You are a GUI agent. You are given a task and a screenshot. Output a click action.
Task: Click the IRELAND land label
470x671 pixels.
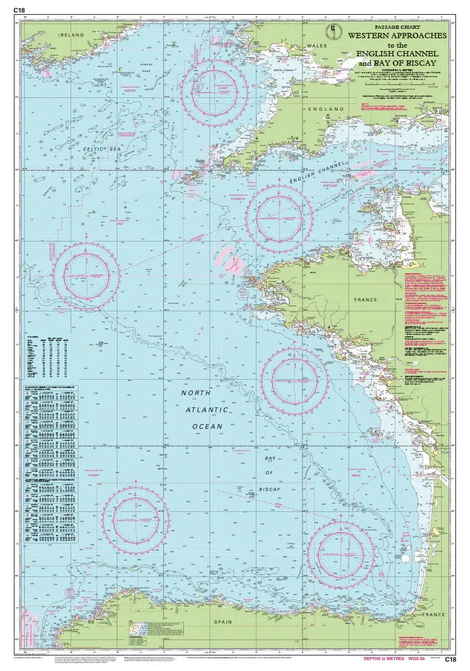(x=70, y=34)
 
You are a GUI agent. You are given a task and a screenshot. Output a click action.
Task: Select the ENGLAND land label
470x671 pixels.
(x=327, y=109)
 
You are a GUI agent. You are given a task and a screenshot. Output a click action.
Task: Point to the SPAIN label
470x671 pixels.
(x=222, y=622)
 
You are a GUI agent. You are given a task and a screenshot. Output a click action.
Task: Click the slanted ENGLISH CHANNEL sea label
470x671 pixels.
(x=318, y=173)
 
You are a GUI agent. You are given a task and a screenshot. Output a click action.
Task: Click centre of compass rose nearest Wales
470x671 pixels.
(x=214, y=93)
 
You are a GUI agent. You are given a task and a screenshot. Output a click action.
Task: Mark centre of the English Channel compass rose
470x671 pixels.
(x=279, y=217)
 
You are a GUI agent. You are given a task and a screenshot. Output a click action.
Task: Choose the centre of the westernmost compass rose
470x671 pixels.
(x=87, y=276)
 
